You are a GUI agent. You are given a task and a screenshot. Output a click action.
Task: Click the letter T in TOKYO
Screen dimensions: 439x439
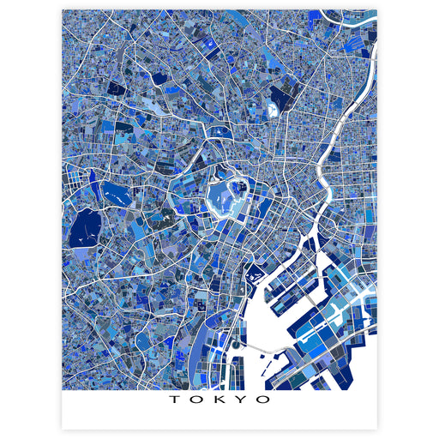coord(174,400)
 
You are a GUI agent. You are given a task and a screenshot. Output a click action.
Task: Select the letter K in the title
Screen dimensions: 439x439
coord(219,400)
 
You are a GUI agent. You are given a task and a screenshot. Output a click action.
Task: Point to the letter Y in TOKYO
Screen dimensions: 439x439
coord(242,400)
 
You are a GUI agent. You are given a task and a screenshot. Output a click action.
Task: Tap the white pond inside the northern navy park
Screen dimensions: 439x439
coord(273,110)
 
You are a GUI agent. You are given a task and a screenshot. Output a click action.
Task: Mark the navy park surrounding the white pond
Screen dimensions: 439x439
coord(280,99)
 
